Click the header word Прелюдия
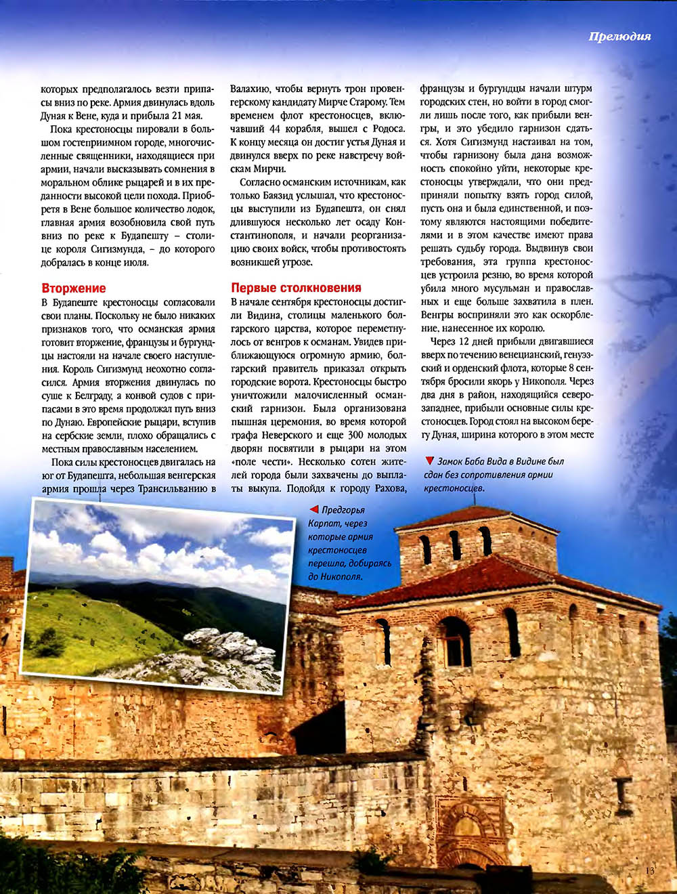click(x=619, y=37)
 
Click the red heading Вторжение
click(x=74, y=288)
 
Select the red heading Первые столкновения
click(x=296, y=287)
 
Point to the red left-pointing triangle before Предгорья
click(x=313, y=509)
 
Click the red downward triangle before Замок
click(x=429, y=461)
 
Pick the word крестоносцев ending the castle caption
click(x=454, y=488)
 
